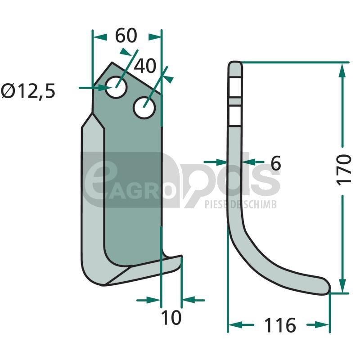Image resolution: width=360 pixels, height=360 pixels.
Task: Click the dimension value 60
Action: point(126,36)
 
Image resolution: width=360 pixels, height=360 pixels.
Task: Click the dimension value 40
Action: point(145,66)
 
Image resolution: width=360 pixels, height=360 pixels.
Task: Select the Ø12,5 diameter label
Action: point(28,91)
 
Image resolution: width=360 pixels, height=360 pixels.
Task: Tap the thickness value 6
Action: point(275,163)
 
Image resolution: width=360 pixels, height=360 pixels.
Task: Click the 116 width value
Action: point(280,325)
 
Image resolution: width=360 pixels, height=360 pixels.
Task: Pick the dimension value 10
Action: point(171,318)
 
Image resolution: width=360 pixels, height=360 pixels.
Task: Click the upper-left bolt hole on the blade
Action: point(116,87)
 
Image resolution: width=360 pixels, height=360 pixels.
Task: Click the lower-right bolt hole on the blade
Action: point(144,108)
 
